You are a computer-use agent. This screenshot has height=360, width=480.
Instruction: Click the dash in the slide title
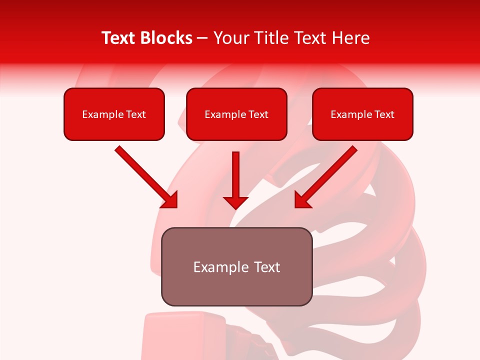coord(202,38)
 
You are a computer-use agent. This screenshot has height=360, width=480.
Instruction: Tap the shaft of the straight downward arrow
coord(235,172)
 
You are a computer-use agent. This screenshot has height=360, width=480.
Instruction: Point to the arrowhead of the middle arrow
coord(235,203)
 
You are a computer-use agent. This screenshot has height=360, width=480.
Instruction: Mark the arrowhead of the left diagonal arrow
coord(170,200)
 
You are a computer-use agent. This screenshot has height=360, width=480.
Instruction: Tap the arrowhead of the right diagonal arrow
coord(302,200)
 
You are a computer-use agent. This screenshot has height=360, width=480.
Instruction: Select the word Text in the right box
coord(384,114)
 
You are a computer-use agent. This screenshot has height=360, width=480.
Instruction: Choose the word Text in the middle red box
coord(258,114)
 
